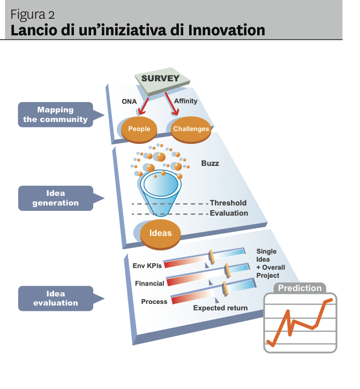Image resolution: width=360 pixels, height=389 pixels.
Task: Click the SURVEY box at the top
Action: pyautogui.click(x=160, y=79)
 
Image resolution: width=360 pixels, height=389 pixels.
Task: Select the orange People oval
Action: pyautogui.click(x=139, y=129)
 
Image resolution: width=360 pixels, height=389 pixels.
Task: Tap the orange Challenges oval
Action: pyautogui.click(x=191, y=129)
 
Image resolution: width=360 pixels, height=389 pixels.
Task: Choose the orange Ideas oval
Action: pyautogui.click(x=160, y=233)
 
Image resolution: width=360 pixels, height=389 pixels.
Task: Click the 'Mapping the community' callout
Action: pyautogui.click(x=55, y=115)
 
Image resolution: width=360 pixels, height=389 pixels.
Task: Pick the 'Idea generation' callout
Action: pyautogui.click(x=55, y=198)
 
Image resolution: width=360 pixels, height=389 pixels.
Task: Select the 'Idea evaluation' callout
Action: pyautogui.click(x=55, y=298)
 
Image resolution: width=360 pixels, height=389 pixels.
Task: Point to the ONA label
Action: pyautogui.click(x=129, y=102)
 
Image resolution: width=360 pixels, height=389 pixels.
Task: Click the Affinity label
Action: pyautogui.click(x=186, y=101)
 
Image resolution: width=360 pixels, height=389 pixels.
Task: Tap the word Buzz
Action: pyautogui.click(x=210, y=163)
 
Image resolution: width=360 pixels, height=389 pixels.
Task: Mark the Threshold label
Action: pyautogui.click(x=228, y=203)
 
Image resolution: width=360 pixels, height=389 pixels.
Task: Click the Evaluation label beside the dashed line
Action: pyautogui.click(x=229, y=213)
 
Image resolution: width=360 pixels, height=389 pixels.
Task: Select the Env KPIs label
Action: pyautogui.click(x=147, y=265)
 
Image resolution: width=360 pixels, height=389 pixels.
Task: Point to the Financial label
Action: pyautogui.click(x=149, y=283)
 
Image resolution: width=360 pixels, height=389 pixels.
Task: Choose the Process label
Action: pyautogui.click(x=154, y=301)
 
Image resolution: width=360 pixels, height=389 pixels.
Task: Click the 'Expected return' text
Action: pyautogui.click(x=220, y=308)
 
